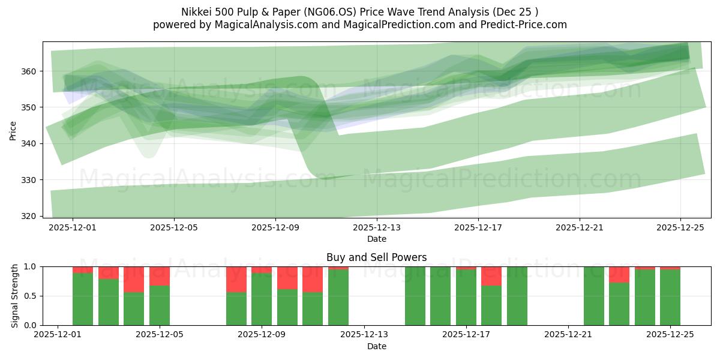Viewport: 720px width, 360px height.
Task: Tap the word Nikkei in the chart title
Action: (195, 12)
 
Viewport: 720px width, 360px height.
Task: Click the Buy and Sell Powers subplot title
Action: (376, 257)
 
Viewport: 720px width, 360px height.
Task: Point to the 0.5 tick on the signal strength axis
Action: (30, 296)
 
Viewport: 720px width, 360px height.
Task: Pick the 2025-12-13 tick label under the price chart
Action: (377, 227)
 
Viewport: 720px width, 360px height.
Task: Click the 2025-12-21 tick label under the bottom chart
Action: (568, 335)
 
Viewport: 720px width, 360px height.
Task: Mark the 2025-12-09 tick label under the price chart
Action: (275, 227)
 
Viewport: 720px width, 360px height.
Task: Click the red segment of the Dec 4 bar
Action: (134, 280)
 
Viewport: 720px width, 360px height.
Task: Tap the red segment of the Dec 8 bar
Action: (236, 280)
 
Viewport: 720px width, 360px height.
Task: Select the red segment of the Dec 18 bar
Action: (491, 276)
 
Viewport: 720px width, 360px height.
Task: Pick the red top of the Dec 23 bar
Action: (619, 275)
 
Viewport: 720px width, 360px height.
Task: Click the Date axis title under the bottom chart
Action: (376, 346)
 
